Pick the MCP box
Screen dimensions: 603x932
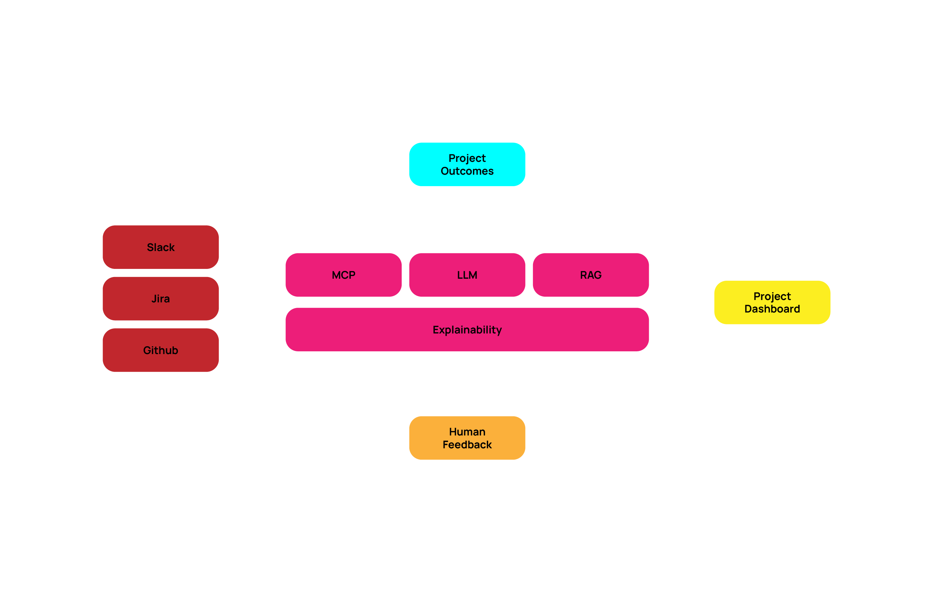click(x=343, y=275)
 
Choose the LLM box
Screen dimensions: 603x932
click(x=467, y=275)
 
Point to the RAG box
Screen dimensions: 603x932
click(x=590, y=275)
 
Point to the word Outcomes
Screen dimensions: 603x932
click(x=467, y=171)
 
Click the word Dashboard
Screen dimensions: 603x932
click(x=772, y=309)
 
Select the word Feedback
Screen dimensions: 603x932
click(x=467, y=445)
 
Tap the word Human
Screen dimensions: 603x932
click(x=467, y=431)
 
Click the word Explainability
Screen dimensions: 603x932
click(x=467, y=330)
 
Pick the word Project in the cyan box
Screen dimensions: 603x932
click(x=467, y=158)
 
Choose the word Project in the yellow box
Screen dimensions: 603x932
click(x=772, y=296)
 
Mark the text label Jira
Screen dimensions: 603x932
click(x=160, y=299)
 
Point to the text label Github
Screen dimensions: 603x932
click(x=160, y=350)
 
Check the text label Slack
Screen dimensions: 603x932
click(x=160, y=248)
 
